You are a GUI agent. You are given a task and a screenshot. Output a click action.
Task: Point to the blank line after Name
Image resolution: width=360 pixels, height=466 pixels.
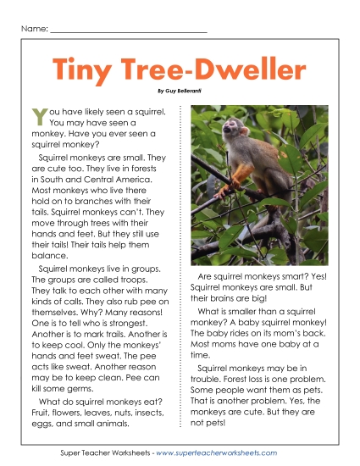click(128, 31)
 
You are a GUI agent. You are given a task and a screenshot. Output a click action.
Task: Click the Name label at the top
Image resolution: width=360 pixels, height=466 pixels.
click(32, 30)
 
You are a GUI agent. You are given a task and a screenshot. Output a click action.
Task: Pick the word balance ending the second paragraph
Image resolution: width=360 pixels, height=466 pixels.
click(48, 254)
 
